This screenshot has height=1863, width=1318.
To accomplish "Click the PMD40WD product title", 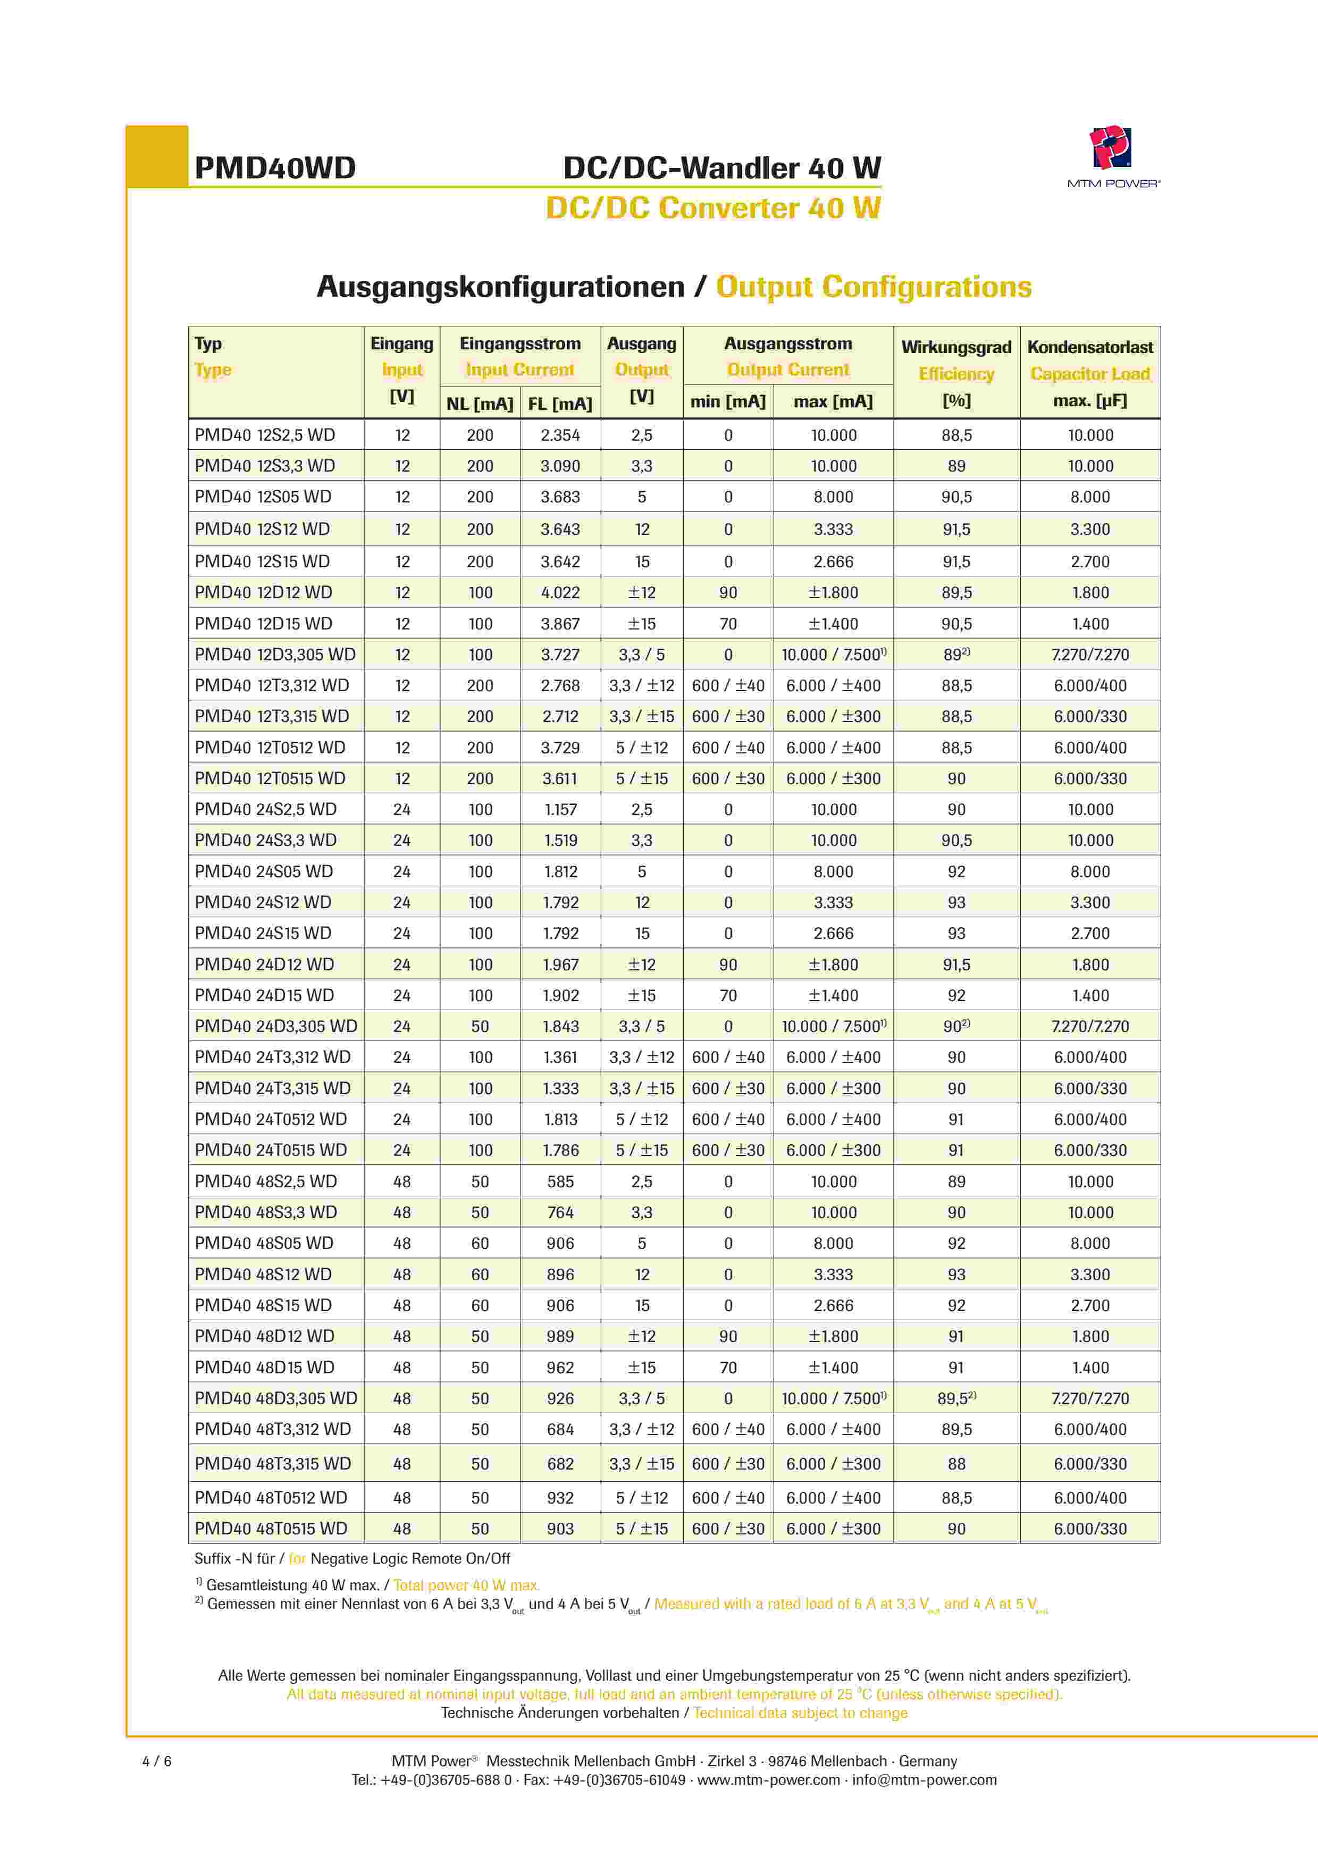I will (275, 168).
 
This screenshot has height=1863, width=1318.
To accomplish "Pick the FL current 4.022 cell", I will (560, 592).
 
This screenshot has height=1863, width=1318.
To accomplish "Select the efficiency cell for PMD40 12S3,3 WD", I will (956, 466).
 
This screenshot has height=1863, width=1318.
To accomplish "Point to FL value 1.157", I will (560, 810).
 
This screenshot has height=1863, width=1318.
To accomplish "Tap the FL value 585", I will (560, 1181).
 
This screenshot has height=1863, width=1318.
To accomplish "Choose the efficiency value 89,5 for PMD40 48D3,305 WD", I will (955, 1398).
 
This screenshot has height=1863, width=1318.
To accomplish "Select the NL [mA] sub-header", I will (480, 403).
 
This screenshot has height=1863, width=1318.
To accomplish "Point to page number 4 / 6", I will (157, 1761).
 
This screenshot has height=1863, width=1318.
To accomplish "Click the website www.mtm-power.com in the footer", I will (769, 1780).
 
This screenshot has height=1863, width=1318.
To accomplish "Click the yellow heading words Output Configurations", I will (873, 287).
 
